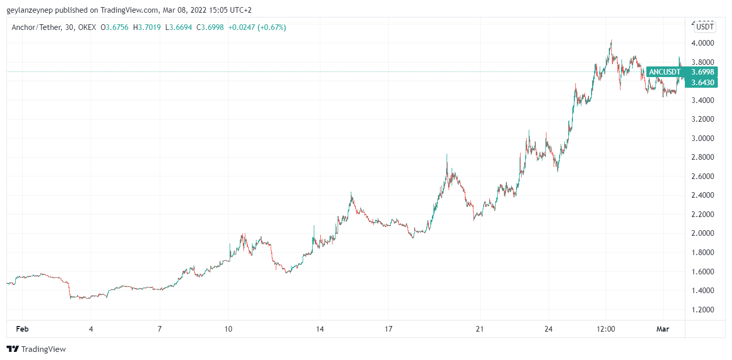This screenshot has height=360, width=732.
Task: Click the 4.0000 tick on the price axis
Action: [x=704, y=43]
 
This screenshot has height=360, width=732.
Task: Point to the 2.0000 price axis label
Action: [x=704, y=233]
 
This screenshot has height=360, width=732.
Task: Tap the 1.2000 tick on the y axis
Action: [x=704, y=309]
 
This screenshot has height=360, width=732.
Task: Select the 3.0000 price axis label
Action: [x=704, y=138]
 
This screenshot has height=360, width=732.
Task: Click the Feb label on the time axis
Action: [x=22, y=329]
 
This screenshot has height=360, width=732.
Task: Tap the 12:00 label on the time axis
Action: [x=606, y=329]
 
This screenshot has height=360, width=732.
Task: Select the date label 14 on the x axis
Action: [x=319, y=329]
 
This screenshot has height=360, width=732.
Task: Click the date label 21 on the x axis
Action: [x=480, y=329]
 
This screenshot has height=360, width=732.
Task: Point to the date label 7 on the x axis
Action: [x=160, y=329]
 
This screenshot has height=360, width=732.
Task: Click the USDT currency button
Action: [x=705, y=27]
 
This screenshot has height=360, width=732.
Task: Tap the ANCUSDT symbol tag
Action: [x=665, y=72]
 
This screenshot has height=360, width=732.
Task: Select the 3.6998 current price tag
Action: [x=703, y=72]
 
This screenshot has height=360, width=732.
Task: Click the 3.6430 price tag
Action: [x=703, y=83]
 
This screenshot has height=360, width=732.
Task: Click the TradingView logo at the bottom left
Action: [x=36, y=349]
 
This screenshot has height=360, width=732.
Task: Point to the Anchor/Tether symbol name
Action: [x=35, y=27]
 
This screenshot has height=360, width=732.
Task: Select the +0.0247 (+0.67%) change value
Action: [x=257, y=27]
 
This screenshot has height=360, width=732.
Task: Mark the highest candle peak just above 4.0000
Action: [x=611, y=41]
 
